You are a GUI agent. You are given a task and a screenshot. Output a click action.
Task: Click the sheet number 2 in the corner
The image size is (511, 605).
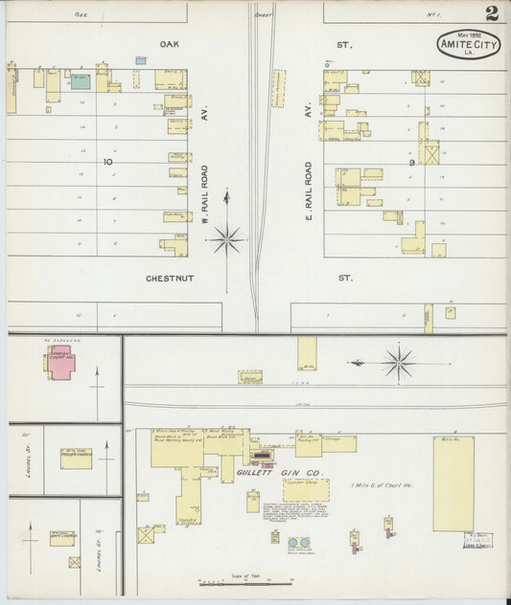[491, 13]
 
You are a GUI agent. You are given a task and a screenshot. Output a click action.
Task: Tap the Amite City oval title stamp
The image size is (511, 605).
[469, 44]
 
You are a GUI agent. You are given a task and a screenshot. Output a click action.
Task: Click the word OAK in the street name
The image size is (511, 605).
[171, 44]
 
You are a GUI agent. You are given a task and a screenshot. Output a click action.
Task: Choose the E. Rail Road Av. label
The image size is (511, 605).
[309, 192]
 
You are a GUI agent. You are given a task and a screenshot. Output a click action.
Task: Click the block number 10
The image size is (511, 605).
[109, 162]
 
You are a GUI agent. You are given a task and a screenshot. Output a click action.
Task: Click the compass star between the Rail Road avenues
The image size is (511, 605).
[227, 237]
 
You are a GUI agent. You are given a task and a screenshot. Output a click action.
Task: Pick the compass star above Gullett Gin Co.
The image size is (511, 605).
[398, 362]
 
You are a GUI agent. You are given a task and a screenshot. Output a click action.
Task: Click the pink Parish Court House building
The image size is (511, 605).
[60, 365]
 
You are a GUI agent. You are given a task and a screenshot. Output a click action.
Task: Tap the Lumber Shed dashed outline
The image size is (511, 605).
[306, 491]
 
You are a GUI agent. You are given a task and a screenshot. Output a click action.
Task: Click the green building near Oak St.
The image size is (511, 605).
[81, 82]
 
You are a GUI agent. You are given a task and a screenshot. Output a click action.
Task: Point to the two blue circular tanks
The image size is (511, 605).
[299, 544]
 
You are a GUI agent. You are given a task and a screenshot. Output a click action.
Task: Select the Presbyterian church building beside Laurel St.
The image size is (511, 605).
[76, 459]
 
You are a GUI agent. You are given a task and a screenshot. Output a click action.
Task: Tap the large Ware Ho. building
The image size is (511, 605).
[453, 483]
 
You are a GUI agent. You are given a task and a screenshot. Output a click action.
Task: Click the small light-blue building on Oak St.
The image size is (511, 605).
[141, 60]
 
